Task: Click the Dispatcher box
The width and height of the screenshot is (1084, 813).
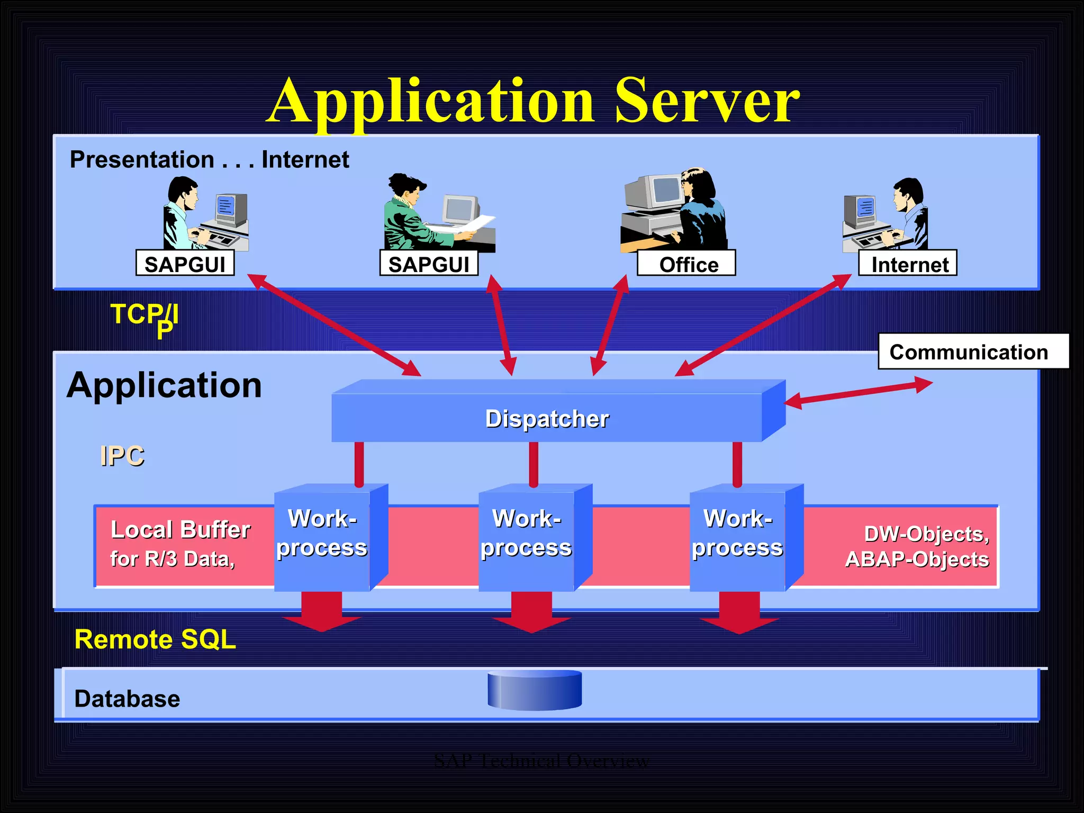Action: [547, 418]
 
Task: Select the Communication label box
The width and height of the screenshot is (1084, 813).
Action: [973, 351]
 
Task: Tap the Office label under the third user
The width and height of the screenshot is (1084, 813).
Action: [686, 264]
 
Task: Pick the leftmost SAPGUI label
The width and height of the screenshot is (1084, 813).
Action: [185, 264]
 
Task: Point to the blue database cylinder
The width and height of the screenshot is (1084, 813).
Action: [535, 690]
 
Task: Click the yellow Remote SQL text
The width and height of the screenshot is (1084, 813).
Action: [155, 639]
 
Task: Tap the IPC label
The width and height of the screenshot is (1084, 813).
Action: [122, 456]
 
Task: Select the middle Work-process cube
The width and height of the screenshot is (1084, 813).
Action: [526, 537]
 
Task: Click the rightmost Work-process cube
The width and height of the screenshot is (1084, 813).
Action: [737, 537]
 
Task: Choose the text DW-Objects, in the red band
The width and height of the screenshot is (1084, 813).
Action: [926, 534]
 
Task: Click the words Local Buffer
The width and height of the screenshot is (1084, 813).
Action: [180, 529]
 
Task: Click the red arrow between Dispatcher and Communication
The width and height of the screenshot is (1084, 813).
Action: [857, 393]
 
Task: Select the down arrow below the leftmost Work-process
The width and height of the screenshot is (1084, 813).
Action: [321, 611]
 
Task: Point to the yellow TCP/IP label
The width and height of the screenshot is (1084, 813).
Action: [144, 317]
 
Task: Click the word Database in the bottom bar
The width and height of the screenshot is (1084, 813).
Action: [127, 699]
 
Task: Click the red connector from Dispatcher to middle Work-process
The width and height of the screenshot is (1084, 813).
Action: [534, 464]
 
